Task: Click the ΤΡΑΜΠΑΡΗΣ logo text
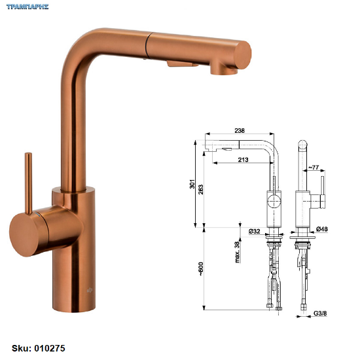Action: pyautogui.click(x=27, y=7)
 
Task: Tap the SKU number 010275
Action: pyautogui.click(x=50, y=348)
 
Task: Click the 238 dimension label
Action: pyautogui.click(x=240, y=130)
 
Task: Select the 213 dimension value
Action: pyautogui.click(x=243, y=159)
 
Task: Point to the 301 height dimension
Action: pyautogui.click(x=192, y=184)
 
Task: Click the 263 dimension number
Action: pyautogui.click(x=201, y=189)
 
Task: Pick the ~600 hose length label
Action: pyautogui.click(x=201, y=269)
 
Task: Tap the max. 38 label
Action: pyautogui.click(x=237, y=252)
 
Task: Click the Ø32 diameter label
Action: pyautogui.click(x=255, y=231)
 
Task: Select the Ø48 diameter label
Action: pyautogui.click(x=322, y=228)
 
